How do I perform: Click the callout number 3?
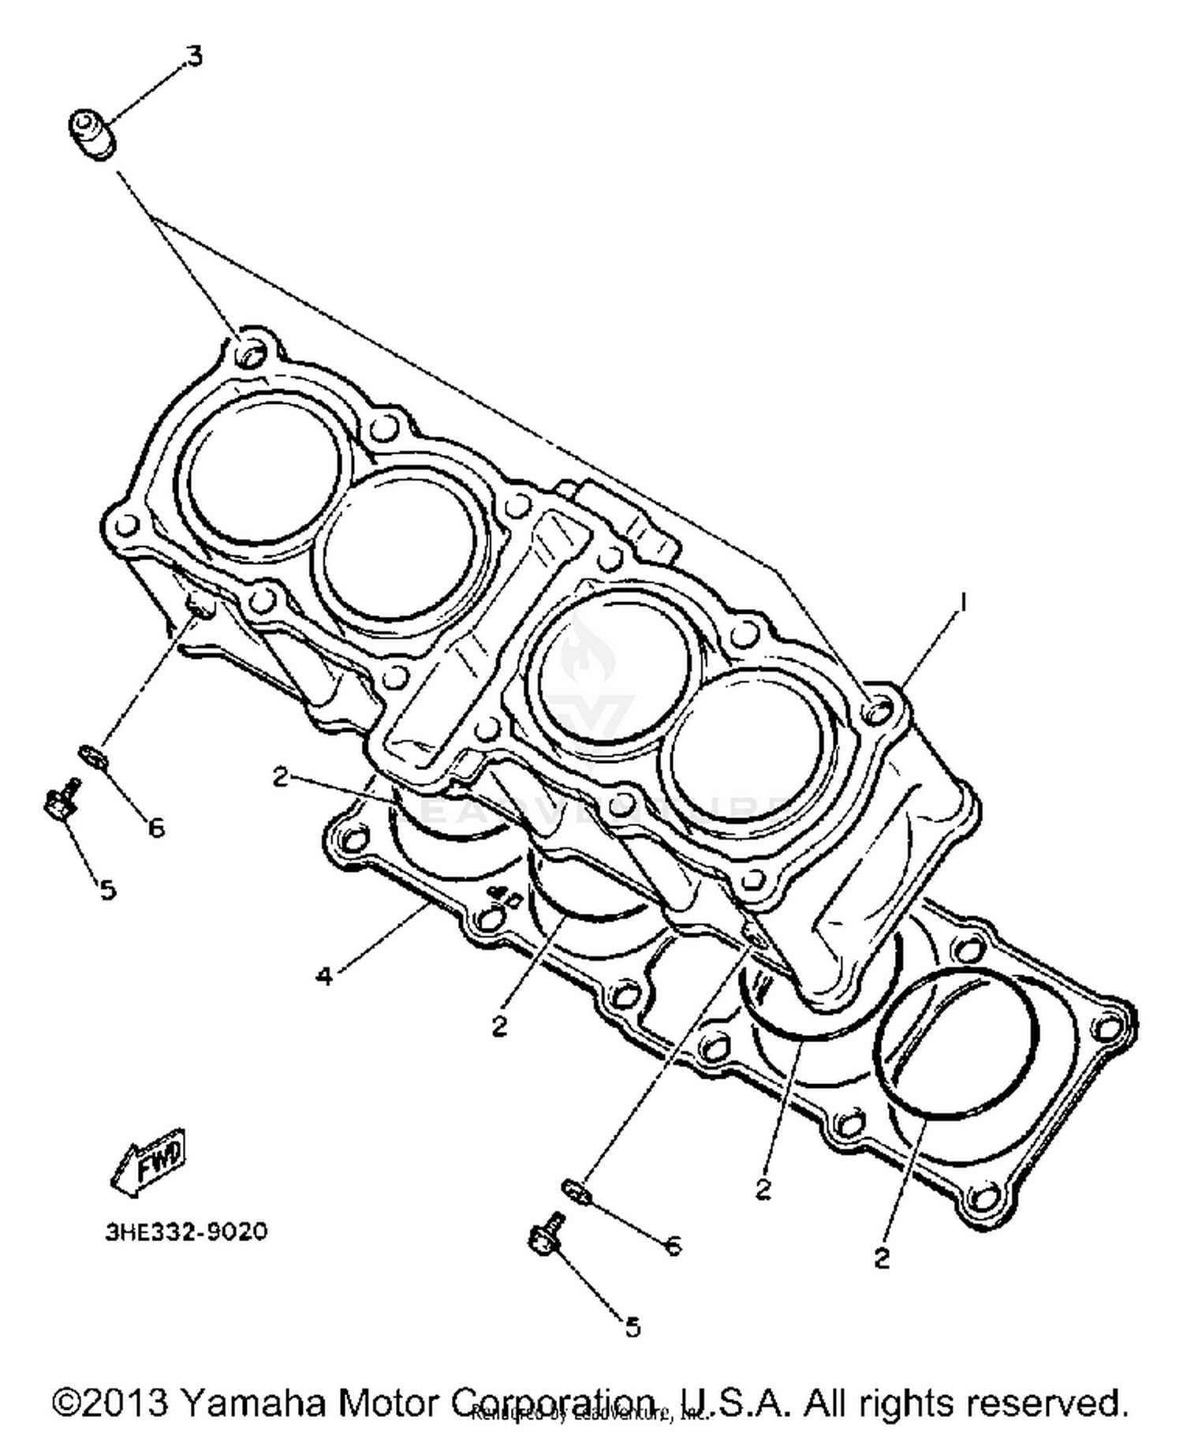[x=193, y=56]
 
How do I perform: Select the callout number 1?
[x=961, y=603]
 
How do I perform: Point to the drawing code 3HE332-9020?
[x=186, y=1232]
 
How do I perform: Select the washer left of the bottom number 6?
[x=577, y=1191]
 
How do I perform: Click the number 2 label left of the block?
[x=281, y=776]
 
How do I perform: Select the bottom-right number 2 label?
[x=882, y=1258]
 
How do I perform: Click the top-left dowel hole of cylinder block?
[x=252, y=354]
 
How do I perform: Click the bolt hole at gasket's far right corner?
[x=1107, y=1027]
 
